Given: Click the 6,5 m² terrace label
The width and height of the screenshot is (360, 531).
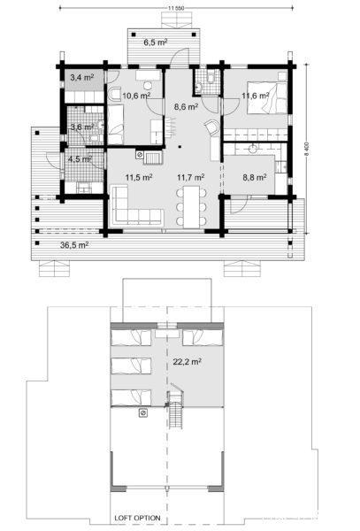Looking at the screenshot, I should point(157,42).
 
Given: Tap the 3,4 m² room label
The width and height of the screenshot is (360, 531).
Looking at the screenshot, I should point(81,78).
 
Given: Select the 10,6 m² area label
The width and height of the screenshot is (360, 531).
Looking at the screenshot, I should point(135,96).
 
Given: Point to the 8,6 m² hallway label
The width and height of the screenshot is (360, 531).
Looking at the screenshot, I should point(186,106).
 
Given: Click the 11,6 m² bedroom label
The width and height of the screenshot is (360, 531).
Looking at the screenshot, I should point(256,95).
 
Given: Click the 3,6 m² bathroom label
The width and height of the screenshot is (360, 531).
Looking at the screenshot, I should point(81,127).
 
